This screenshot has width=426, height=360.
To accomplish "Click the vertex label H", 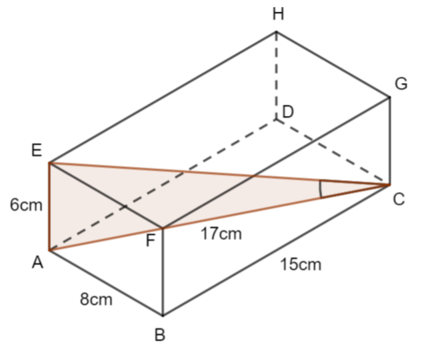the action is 278,14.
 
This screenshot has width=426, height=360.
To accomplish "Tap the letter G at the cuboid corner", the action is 401,84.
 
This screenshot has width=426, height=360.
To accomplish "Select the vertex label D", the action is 288,112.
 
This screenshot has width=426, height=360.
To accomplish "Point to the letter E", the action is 37,150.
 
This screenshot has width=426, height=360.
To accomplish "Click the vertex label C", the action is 399,200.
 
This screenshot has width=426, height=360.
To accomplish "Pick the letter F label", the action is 150,241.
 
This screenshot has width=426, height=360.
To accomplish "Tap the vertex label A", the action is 38,262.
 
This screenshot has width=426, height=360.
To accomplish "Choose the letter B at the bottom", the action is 160,335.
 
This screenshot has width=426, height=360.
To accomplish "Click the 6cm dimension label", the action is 26,204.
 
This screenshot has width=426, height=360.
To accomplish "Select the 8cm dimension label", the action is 96,299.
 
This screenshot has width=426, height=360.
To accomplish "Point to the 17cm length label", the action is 221,234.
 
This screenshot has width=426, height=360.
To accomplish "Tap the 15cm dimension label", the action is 300,265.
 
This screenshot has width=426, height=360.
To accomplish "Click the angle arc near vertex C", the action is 320,190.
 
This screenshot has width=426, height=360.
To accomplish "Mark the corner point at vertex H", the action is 276,31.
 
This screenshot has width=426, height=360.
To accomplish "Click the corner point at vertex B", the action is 162,315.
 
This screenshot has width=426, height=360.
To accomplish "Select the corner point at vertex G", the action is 389,97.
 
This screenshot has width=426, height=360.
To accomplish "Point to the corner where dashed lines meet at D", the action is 276,120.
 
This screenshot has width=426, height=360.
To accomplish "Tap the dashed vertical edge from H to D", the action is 276,75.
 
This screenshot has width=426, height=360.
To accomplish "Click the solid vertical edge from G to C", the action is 389,141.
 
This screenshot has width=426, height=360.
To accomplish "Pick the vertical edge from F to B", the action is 162,272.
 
